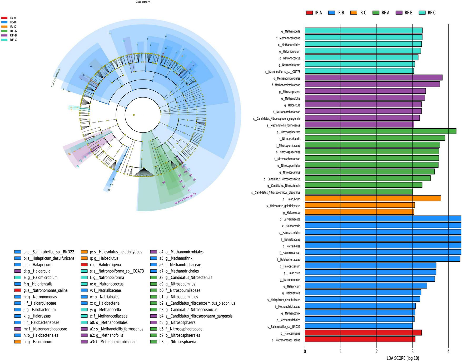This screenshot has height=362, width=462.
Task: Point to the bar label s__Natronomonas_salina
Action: (286, 340)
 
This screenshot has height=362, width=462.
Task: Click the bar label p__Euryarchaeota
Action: (290, 219)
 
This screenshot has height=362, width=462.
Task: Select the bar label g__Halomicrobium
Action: (290, 51)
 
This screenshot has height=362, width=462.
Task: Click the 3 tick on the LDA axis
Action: (413, 351)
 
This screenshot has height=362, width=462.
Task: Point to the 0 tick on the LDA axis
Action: (305, 351)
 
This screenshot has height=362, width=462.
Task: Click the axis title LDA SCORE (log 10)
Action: (403, 358)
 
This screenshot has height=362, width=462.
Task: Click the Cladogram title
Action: (143, 2)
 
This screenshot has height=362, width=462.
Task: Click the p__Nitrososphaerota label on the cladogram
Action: (186, 198)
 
